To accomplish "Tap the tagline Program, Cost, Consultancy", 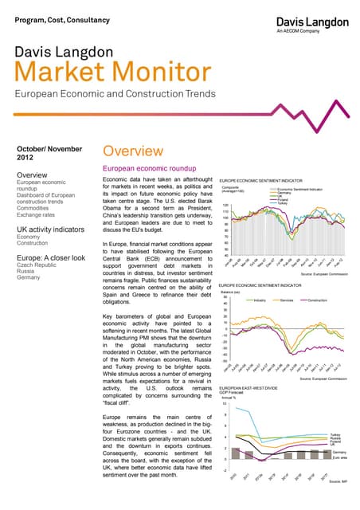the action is click(x=53, y=17).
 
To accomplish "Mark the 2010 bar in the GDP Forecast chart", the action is click(x=226, y=455).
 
